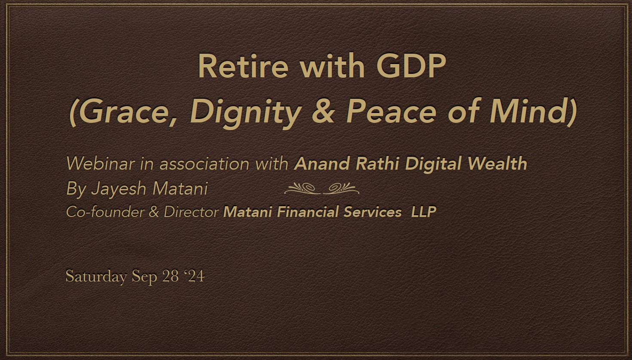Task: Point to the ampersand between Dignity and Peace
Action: [324, 111]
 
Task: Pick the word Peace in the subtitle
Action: [391, 111]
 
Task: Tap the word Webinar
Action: [100, 164]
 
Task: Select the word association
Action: [205, 164]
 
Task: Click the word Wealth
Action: [497, 164]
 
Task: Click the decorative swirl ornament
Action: [322, 189]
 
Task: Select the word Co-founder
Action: [105, 212]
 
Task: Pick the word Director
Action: [191, 212]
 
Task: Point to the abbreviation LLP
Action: [424, 212]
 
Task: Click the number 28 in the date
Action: [171, 276]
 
